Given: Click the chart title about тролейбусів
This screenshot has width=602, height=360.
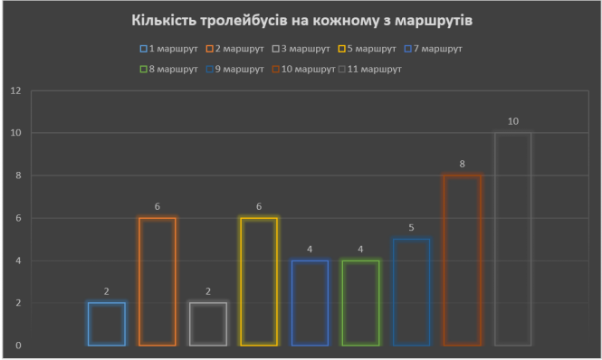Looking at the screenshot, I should [301, 19].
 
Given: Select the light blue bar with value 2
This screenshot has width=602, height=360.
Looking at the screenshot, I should [107, 324].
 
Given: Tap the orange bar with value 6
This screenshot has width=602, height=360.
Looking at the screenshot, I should [158, 281].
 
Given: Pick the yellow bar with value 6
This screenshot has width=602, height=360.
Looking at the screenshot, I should [259, 281].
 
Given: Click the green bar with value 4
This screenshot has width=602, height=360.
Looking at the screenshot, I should [360, 303].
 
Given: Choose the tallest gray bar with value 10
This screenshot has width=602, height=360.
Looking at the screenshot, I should [512, 239].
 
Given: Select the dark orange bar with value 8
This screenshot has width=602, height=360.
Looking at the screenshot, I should [462, 261].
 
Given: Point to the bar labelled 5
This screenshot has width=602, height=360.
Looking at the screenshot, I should [411, 292].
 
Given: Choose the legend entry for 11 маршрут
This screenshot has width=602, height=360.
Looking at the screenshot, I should [372, 69].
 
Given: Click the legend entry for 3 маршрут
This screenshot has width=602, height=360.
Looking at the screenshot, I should [305, 49].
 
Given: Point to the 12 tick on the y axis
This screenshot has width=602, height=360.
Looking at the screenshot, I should [15, 90].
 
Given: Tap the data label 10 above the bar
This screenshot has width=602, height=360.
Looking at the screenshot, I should [512, 121].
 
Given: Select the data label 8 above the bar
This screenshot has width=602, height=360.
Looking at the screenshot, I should [462, 164].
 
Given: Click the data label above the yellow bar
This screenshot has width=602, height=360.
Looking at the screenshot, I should [259, 206].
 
